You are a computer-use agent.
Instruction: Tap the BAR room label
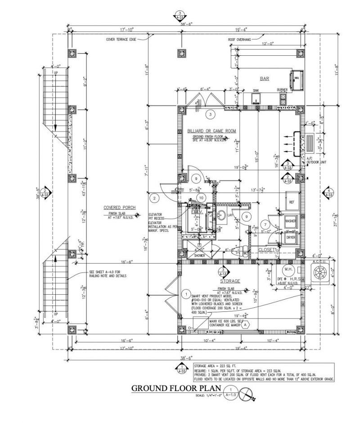click(265, 79)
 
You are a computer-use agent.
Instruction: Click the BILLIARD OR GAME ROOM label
click(211, 131)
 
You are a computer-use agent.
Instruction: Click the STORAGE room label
click(230, 281)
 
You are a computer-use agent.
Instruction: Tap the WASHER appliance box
click(290, 221)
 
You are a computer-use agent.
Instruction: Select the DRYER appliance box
click(291, 237)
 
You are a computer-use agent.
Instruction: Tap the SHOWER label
click(199, 255)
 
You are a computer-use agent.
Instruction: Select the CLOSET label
click(266, 249)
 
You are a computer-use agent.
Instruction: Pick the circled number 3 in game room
click(210, 114)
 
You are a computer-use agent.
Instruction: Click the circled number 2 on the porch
click(154, 198)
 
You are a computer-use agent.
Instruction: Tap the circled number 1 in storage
click(186, 294)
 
